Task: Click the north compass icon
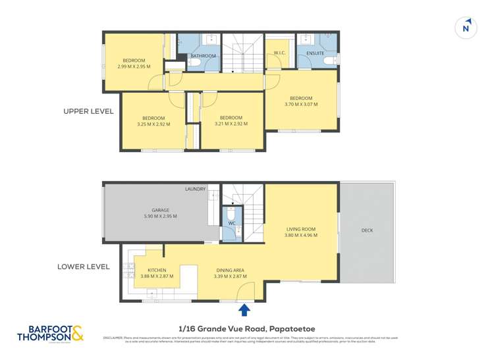coord(466,27)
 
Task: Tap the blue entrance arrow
coord(244,309)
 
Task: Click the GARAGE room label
coord(160,210)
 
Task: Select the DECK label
coord(368,230)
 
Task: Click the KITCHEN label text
coord(157,270)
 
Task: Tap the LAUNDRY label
coord(195,190)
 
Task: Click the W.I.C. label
coord(278,53)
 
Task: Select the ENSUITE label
coord(315,53)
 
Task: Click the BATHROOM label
coord(204,56)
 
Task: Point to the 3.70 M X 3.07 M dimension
coord(301,104)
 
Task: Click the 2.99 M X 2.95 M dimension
coord(134,66)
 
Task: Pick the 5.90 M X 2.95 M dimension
coord(160,216)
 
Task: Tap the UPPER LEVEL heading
coord(88,111)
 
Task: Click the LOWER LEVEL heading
coord(83,267)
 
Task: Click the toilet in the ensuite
coord(333,61)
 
